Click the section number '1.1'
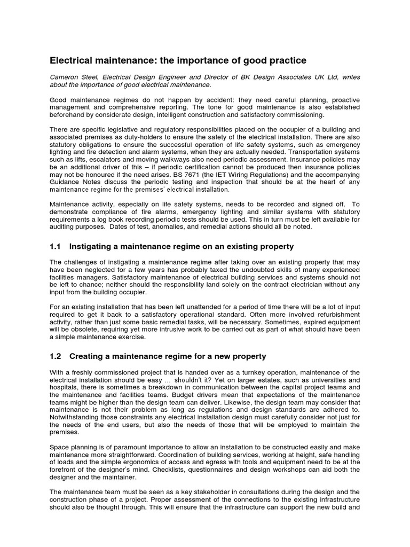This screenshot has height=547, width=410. pyautogui.click(x=56, y=246)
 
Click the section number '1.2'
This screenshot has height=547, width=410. pyautogui.click(x=56, y=356)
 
